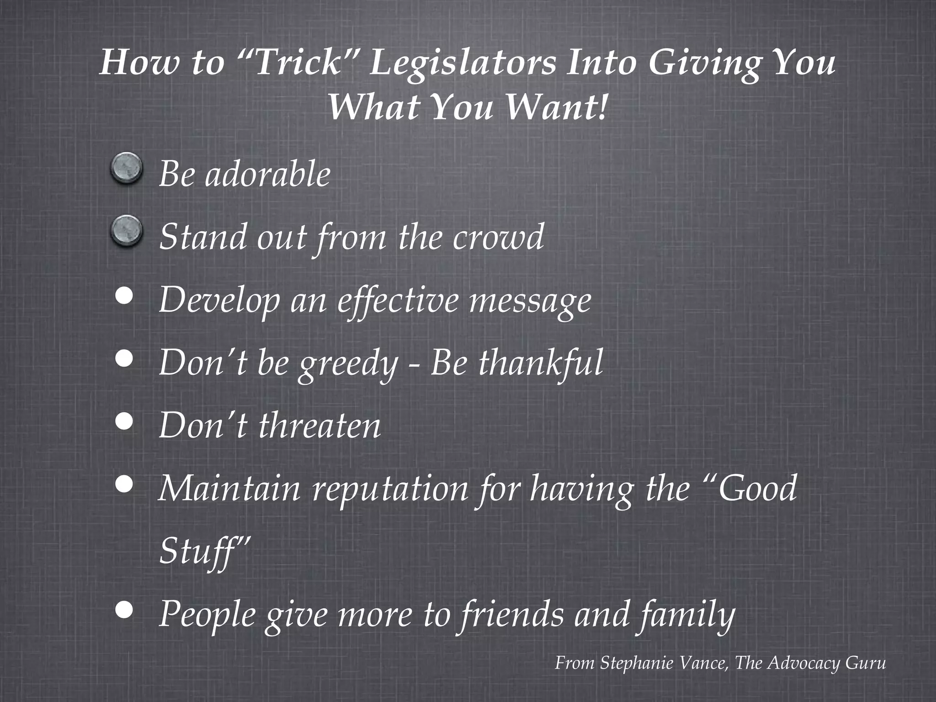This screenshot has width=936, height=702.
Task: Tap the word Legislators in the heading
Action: click(x=462, y=64)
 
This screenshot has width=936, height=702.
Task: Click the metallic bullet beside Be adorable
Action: click(x=127, y=169)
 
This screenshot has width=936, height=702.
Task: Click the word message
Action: click(x=530, y=302)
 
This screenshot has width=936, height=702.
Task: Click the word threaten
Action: click(x=319, y=425)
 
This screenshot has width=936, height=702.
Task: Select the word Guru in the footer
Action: click(x=866, y=663)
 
